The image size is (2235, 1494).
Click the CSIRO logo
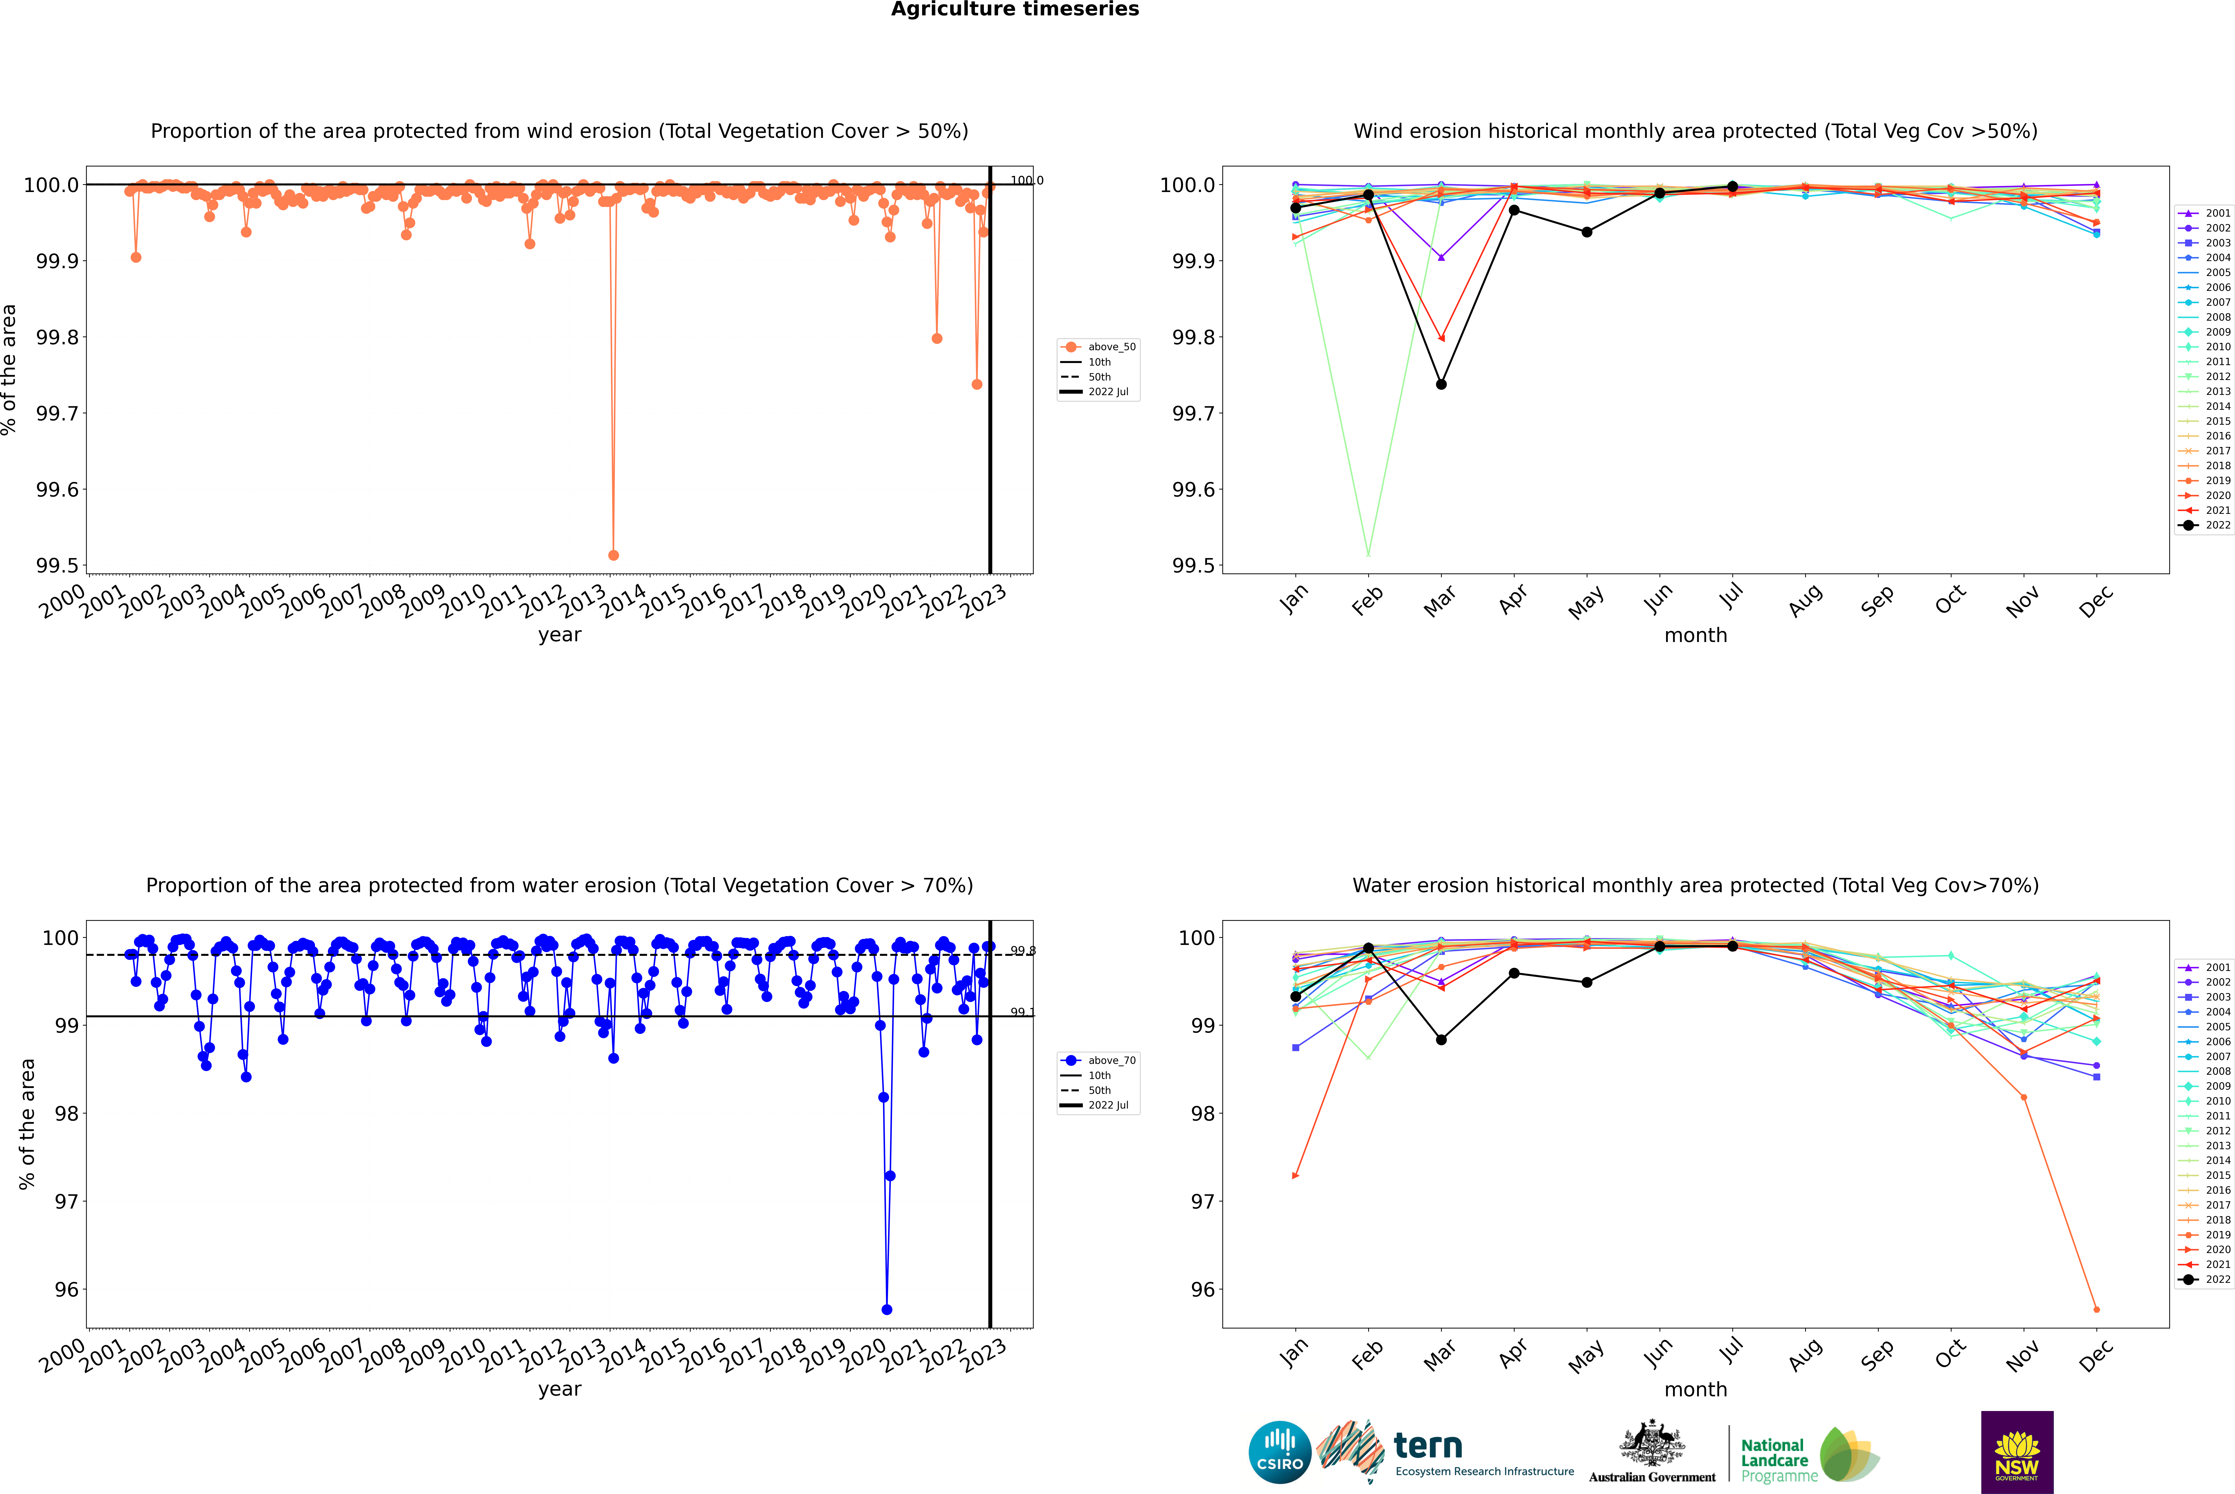coord(1280,1452)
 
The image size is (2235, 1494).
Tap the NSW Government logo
coord(2017,1452)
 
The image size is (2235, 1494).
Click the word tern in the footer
coord(1427,1446)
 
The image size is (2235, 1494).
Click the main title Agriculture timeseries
coord(1015,9)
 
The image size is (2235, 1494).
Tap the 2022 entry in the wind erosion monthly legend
coord(2217,525)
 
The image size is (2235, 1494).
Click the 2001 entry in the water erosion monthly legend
coord(2217,967)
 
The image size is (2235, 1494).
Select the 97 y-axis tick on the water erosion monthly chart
coord(1203,1201)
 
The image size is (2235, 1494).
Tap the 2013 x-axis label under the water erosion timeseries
coord(583,1354)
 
